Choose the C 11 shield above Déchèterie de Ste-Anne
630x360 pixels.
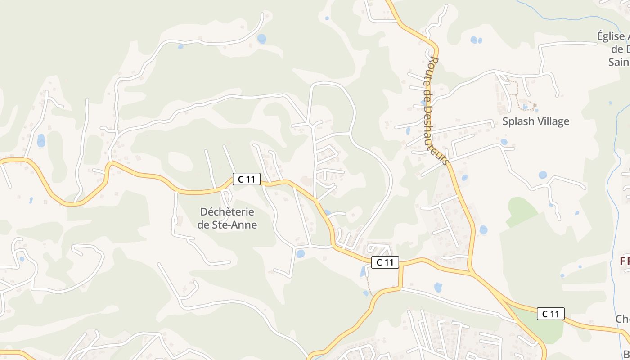[247, 179]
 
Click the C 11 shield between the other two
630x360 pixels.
[385, 262]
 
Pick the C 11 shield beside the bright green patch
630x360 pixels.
[550, 314]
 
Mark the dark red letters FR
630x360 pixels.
[625, 261]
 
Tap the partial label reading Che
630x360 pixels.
[623, 319]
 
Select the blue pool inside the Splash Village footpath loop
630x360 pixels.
[525, 107]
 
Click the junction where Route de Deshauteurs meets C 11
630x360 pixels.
[470, 271]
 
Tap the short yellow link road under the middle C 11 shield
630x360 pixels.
[400, 277]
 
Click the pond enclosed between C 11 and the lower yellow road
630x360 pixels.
[438, 287]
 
